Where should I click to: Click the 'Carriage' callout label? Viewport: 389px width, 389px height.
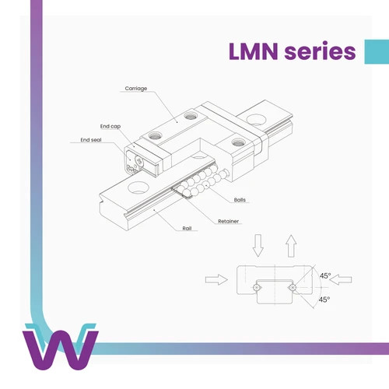[136, 89]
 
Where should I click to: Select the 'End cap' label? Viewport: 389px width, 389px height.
[110, 126]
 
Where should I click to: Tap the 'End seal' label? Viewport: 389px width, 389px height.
[91, 140]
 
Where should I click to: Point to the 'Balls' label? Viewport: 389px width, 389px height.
[240, 200]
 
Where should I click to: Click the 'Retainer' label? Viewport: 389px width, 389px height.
[228, 221]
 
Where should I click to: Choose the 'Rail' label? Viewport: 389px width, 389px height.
[187, 228]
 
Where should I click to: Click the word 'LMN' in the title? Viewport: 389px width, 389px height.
[254, 51]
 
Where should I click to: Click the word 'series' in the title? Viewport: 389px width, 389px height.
[320, 51]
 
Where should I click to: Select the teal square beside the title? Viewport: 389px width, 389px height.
[377, 51]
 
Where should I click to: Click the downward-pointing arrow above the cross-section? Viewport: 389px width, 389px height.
[258, 245]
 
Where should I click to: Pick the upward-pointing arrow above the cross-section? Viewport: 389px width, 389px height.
[291, 246]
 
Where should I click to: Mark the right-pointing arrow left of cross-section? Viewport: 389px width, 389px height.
[216, 279]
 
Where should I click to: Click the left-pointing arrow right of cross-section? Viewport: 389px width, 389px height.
[341, 279]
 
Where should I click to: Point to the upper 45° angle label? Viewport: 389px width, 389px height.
[325, 275]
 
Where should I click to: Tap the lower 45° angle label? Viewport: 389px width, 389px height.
[324, 300]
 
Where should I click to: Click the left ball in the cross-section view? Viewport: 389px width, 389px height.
[256, 287]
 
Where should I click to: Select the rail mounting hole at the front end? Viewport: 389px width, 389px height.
[138, 187]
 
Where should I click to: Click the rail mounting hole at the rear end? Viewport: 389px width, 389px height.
[256, 120]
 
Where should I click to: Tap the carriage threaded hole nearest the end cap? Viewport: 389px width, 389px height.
[154, 135]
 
